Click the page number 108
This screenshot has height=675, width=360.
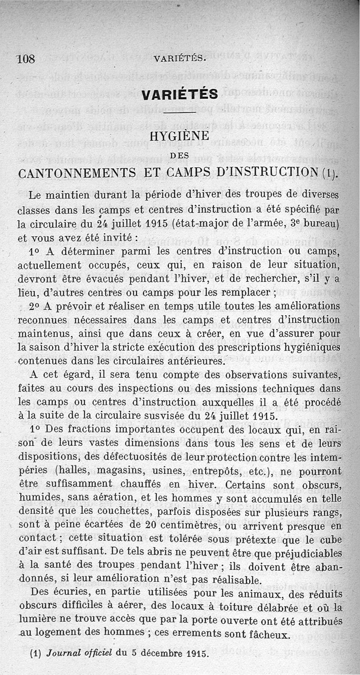point(26,59)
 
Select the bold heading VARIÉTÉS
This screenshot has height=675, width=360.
point(180,94)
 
